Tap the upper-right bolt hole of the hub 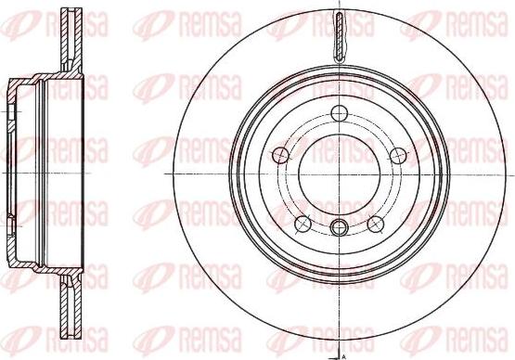pos(399,154)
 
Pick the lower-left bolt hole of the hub pos(302,224)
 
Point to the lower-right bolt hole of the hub pos(376,224)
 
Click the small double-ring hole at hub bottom pos(339,227)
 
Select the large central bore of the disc pos(339,174)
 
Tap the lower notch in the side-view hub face pos(11,224)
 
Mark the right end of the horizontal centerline pos(511,174)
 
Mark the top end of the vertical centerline pos(339,5)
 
